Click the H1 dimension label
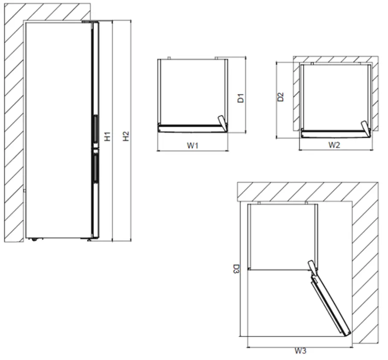108,136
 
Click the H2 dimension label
125,136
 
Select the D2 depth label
281,97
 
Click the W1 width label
193,145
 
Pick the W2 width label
334,145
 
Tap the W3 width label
300,351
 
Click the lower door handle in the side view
95,168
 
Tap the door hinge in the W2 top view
365,128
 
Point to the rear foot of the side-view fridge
33,239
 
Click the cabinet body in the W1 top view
192,92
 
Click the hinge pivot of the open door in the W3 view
313,267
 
